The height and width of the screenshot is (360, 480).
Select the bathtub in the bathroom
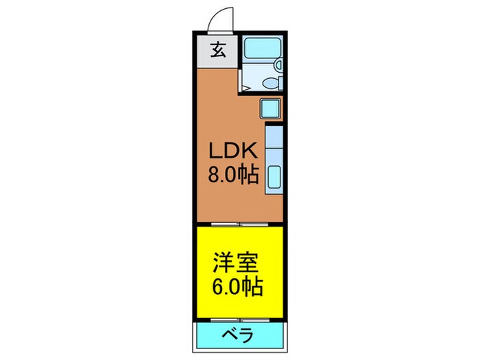tap(259, 49)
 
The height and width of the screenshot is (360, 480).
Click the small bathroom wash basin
tap(278, 64)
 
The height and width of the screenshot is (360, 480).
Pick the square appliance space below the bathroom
tap(269, 108)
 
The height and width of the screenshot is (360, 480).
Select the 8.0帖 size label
tap(234, 176)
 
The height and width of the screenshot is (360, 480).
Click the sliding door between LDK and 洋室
tap(239, 224)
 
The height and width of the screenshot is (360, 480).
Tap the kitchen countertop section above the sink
tap(273, 144)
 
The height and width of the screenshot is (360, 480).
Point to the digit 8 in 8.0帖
tap(217, 176)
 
